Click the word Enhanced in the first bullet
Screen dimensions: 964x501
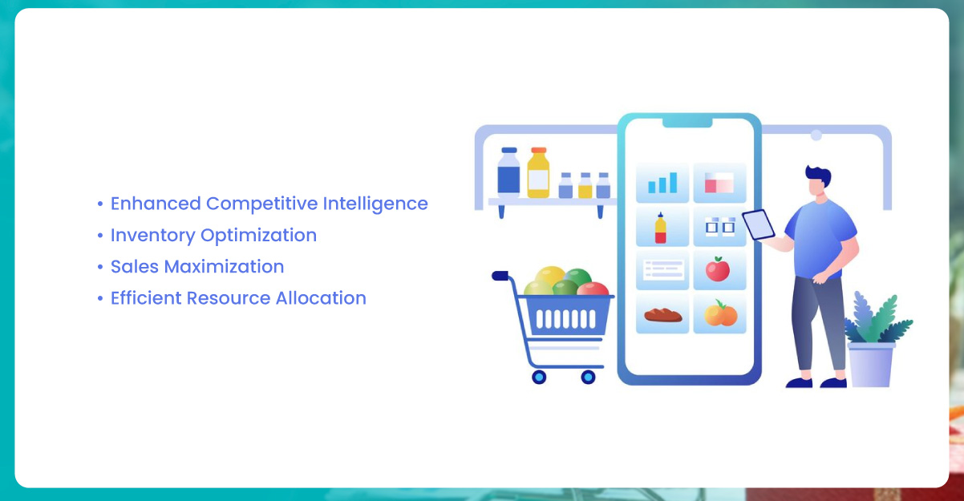(x=156, y=204)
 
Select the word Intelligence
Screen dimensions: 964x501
(x=375, y=204)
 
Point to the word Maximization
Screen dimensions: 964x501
(x=224, y=267)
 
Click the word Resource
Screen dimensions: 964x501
(x=229, y=298)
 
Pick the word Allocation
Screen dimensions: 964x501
(x=321, y=298)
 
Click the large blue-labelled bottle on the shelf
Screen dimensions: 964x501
(x=508, y=172)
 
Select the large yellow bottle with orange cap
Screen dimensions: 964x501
(x=538, y=172)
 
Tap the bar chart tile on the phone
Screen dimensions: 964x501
(x=662, y=182)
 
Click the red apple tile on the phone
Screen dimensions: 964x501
(x=719, y=269)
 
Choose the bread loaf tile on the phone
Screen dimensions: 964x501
(x=662, y=313)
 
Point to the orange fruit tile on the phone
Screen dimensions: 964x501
(x=719, y=313)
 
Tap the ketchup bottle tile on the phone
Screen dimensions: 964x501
(x=662, y=226)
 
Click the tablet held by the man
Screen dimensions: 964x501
(x=759, y=224)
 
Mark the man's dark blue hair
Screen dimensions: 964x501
(x=819, y=176)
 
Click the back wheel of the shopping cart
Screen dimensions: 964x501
(x=539, y=377)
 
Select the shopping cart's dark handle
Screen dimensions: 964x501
(x=500, y=276)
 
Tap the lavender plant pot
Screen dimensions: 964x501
(x=871, y=365)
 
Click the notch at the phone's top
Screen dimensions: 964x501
(x=687, y=123)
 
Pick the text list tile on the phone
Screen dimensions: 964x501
(x=662, y=269)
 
